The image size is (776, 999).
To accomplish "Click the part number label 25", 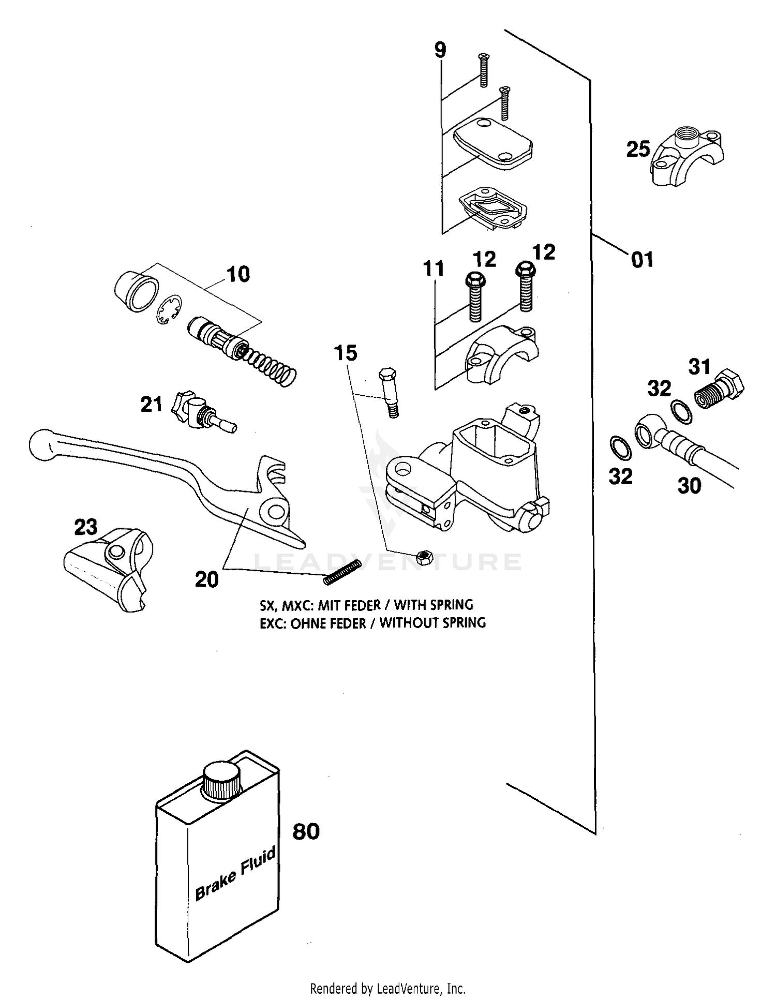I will point(638,150).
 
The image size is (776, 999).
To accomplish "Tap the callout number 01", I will point(643,259).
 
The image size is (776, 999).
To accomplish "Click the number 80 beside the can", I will point(306,832).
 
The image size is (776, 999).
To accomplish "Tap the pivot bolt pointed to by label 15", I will point(390,392).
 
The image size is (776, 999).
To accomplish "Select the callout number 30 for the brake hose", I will point(689,485).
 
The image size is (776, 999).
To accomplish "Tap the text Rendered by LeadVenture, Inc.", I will point(387,989).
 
